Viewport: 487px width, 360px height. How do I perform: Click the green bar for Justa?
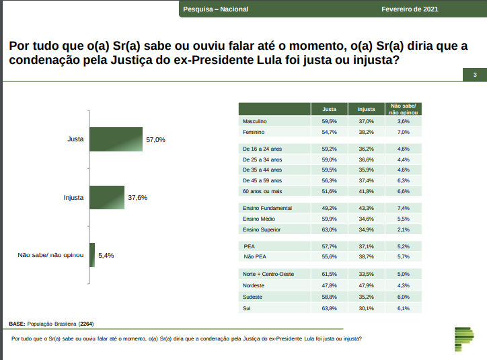coord(116,139)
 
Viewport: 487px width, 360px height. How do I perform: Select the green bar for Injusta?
coord(107,198)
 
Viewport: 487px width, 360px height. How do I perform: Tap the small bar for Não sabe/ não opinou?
coord(92,255)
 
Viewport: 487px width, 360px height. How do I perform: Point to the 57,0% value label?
coord(155,140)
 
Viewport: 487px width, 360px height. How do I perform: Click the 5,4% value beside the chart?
coord(106,256)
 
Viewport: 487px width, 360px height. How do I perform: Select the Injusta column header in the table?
coord(366,108)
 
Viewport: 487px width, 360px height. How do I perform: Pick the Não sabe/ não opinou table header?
coord(404,108)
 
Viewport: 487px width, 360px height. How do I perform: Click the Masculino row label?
coord(255,121)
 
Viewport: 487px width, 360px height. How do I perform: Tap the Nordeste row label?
coord(254,285)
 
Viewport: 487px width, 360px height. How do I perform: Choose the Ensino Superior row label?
coord(261,230)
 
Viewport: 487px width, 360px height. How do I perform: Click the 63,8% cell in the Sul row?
coord(329,308)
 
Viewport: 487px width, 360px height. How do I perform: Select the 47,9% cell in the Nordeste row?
coord(366,285)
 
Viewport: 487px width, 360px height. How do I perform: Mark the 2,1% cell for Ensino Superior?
coord(404,230)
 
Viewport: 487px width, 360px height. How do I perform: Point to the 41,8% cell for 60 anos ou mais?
coord(366,192)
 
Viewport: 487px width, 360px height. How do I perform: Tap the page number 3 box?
coord(475,75)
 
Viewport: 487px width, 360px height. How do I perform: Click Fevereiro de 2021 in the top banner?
coord(410,9)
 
